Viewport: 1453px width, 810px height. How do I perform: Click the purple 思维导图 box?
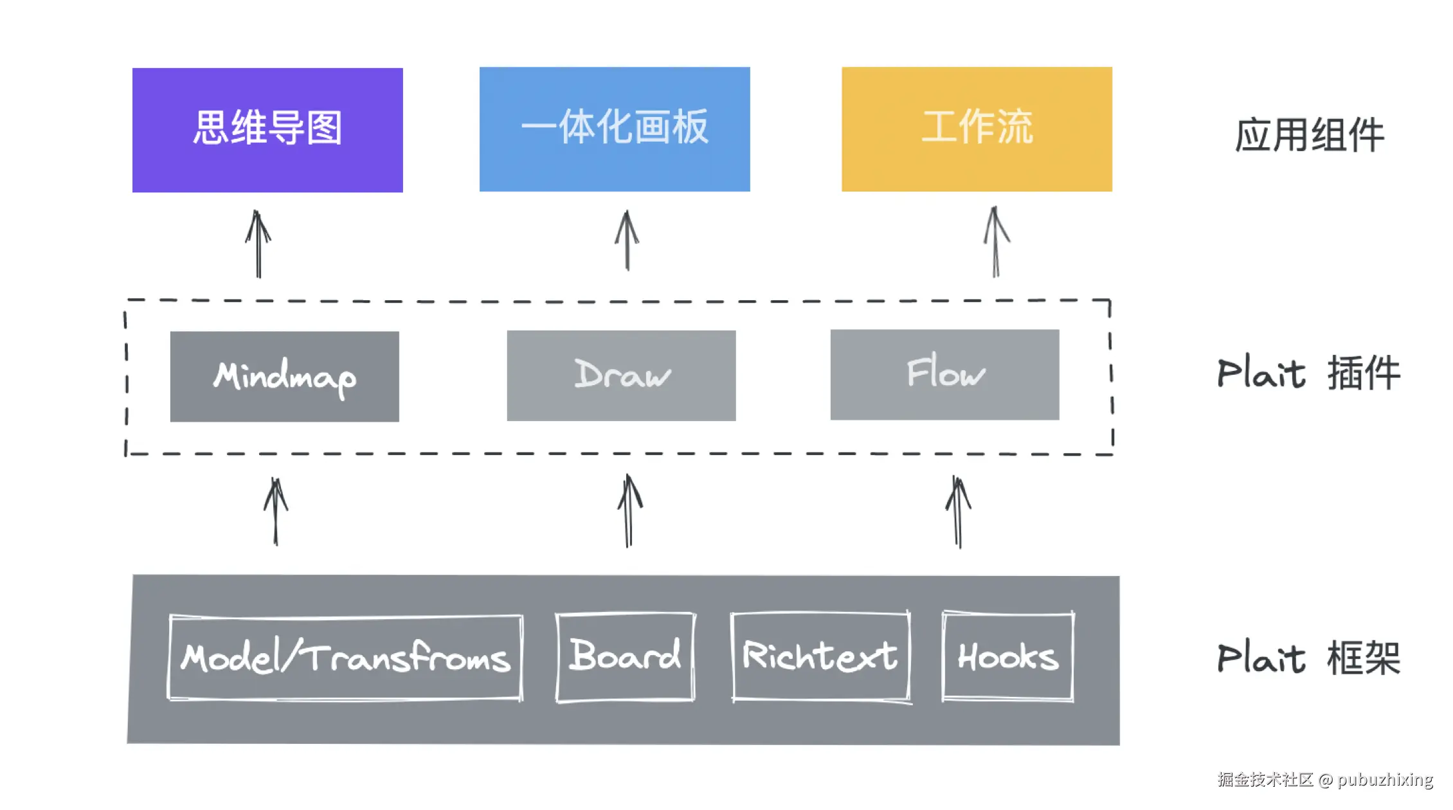coord(267,130)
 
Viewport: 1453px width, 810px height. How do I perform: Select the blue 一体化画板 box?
coord(615,129)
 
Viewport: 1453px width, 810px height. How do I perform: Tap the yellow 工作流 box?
coord(977,129)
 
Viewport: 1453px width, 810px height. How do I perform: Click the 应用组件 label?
coord(1309,135)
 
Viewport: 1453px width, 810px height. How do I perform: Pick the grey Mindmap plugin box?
coord(284,377)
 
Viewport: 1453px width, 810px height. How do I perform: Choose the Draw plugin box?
coord(621,375)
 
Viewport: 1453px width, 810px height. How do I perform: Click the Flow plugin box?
coord(944,375)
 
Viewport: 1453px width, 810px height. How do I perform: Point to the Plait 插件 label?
coord(1308,373)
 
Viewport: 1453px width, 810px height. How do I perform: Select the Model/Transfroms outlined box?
coord(345,657)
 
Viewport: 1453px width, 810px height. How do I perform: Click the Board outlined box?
coord(625,656)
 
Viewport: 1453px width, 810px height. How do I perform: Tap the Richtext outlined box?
coord(820,656)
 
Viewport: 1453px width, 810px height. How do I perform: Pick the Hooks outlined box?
coord(1007,656)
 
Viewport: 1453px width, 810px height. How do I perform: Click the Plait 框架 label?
coord(1308,658)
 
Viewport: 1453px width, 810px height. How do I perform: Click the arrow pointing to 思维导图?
coord(258,244)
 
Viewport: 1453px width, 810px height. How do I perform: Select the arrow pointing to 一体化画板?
coord(627,241)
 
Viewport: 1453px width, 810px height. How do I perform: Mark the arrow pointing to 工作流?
coord(996,242)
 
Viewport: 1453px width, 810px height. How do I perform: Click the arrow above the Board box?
coord(629,511)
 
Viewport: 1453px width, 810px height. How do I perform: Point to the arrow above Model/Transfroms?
coord(276,512)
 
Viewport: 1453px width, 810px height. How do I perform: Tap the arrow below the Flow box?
coord(958,512)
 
